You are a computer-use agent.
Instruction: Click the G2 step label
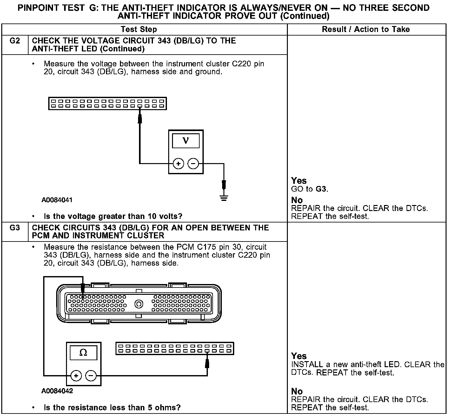click(x=15, y=41)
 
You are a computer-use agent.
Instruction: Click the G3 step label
click(x=15, y=228)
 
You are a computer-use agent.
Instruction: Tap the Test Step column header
click(x=139, y=30)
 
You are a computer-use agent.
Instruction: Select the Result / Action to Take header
click(x=366, y=30)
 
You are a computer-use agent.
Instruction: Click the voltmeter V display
click(x=186, y=141)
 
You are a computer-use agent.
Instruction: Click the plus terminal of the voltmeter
click(x=178, y=164)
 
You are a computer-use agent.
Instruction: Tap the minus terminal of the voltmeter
click(x=193, y=164)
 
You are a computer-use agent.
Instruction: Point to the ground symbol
click(x=224, y=199)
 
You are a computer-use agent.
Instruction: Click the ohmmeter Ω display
click(x=83, y=353)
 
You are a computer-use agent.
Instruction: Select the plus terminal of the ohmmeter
click(x=76, y=376)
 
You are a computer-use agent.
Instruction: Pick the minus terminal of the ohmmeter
click(x=91, y=376)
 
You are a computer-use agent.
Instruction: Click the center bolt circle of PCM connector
click(x=139, y=304)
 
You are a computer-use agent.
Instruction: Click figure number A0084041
click(x=57, y=200)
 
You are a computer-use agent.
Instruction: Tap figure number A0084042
click(x=57, y=391)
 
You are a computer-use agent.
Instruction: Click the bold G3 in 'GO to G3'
click(x=321, y=189)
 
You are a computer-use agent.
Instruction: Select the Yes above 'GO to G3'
click(x=299, y=181)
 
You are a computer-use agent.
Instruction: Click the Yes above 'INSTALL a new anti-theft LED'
click(x=299, y=356)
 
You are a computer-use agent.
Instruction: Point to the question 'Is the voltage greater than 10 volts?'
click(x=113, y=216)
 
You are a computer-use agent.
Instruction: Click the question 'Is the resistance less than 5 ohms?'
click(x=112, y=407)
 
